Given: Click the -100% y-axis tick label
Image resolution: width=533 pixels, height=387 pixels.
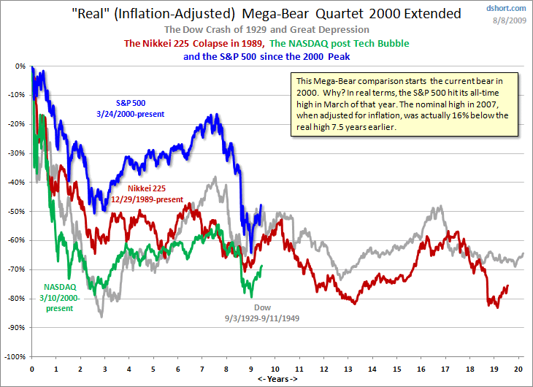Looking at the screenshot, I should (x=15, y=357).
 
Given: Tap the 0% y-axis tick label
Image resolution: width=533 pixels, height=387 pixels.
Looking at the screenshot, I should (x=20, y=66).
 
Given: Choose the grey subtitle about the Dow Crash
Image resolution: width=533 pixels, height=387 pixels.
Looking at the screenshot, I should (x=266, y=29).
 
